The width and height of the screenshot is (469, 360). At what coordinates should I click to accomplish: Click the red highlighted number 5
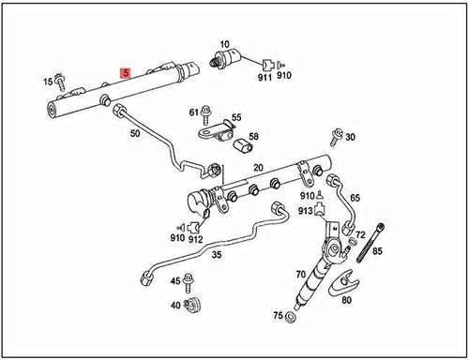[123, 72]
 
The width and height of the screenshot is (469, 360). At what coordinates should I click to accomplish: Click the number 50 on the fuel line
[134, 135]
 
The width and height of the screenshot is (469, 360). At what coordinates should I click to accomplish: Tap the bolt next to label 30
[333, 138]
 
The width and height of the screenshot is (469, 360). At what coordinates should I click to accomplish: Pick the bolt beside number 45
[192, 281]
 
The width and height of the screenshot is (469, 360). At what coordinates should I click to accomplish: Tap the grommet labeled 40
[194, 305]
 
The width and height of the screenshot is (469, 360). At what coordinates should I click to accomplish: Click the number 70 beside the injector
[300, 275]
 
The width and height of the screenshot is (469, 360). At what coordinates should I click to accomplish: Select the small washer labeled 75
[293, 318]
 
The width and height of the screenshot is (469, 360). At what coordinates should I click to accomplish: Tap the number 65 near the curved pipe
[355, 199]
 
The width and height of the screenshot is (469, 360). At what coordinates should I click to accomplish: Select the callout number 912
[196, 239]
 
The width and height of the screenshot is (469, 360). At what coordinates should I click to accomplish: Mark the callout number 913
[306, 212]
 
